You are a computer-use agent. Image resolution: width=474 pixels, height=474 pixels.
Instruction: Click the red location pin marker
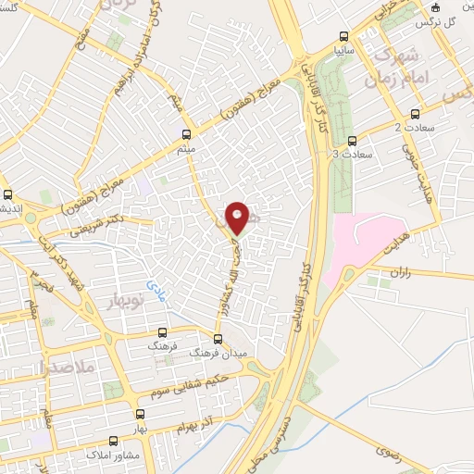click(237, 217)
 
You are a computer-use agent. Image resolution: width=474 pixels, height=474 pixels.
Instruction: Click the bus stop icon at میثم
click(187, 133)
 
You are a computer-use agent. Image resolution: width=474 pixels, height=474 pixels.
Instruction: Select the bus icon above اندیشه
click(8, 195)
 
